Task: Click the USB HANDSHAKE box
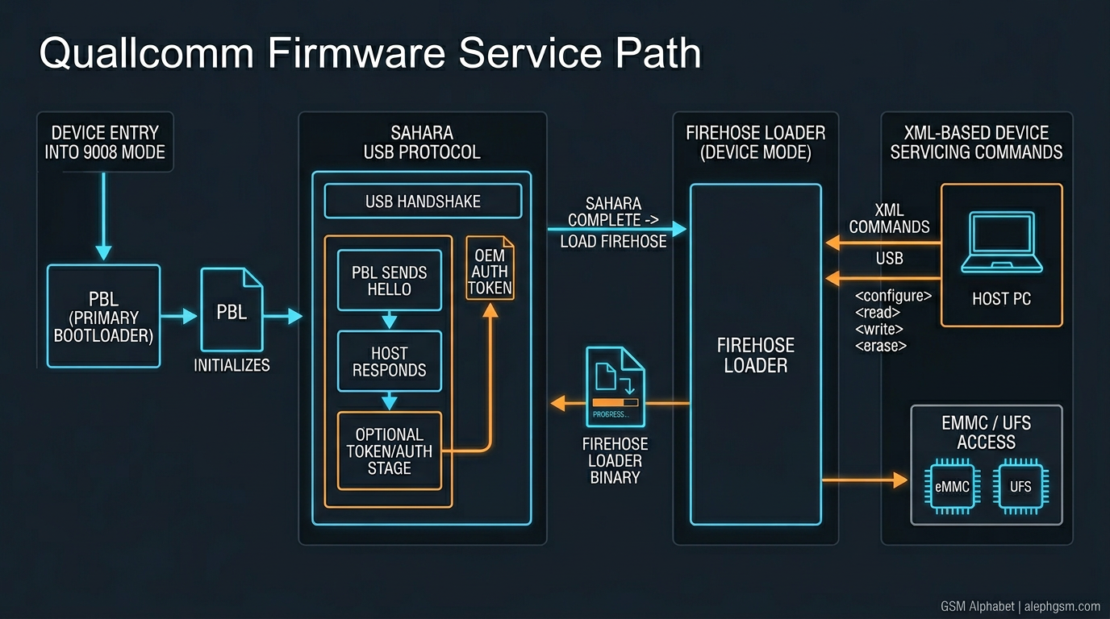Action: (x=423, y=201)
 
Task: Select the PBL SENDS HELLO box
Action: (x=390, y=281)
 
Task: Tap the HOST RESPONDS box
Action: (x=390, y=362)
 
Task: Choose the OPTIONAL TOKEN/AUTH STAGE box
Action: (x=390, y=451)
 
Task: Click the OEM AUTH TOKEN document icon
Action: (x=490, y=268)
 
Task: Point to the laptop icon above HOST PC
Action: (x=1001, y=241)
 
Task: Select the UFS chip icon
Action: (x=1020, y=486)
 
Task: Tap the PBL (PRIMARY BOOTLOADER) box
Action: (x=104, y=317)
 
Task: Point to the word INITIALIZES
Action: (x=232, y=365)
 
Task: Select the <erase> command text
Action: (x=881, y=346)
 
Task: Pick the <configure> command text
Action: (x=893, y=296)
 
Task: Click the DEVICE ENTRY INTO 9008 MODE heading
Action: (x=105, y=142)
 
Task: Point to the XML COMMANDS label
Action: (x=889, y=218)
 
